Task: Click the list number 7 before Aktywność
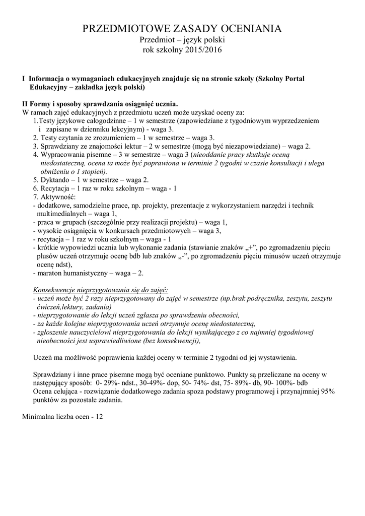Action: (35, 197)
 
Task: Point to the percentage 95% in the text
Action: (326, 391)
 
